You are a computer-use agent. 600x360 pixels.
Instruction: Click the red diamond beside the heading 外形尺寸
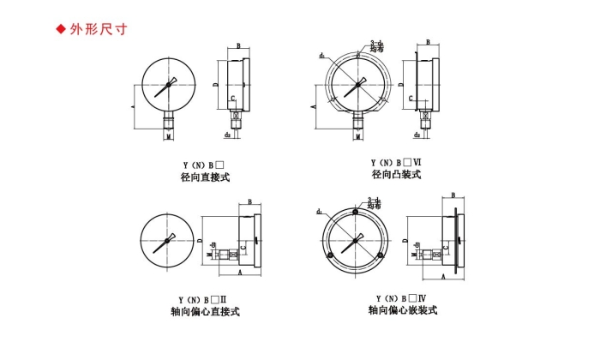tap(61, 29)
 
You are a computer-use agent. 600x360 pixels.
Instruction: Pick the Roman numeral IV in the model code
tap(421, 297)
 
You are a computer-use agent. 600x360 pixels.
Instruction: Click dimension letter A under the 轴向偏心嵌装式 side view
tap(443, 279)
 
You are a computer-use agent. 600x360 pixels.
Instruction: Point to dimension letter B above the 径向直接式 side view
tap(239, 47)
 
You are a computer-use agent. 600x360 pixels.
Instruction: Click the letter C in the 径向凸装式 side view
tap(411, 99)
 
